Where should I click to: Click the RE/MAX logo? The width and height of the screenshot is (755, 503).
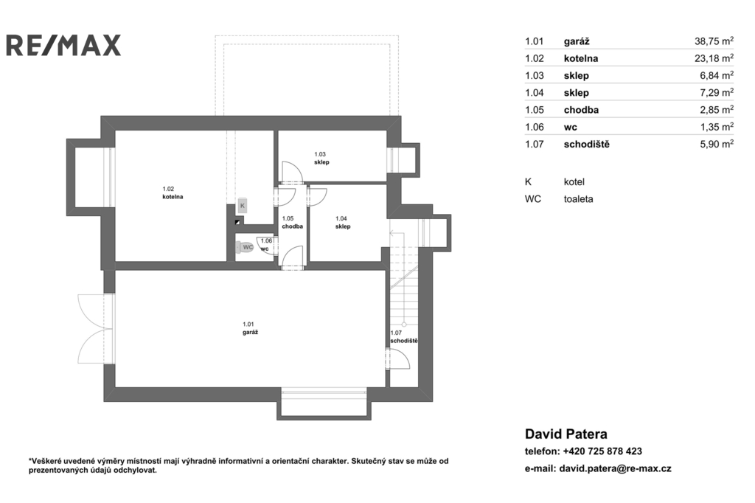63,45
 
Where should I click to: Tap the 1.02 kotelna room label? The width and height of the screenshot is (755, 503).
173,192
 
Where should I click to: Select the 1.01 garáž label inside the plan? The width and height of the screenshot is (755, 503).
250,328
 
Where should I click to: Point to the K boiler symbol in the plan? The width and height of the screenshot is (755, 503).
242,206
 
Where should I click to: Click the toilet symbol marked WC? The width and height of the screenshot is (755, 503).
245,248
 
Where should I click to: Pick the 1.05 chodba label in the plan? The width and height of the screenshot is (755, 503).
292,222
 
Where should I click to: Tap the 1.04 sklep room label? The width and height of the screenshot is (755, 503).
342,222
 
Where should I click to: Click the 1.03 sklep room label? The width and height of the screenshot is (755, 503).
321,158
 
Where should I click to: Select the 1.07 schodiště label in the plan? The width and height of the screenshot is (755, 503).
403,337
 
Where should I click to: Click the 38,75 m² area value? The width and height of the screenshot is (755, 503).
714,41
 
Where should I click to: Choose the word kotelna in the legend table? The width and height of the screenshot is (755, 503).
581,58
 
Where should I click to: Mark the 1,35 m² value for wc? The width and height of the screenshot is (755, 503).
717,127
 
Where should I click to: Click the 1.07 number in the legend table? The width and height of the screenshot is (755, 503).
534,144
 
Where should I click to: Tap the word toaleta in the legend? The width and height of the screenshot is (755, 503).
578,199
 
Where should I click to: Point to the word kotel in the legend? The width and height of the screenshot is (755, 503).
574,181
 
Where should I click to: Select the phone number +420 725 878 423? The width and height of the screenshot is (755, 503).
602,451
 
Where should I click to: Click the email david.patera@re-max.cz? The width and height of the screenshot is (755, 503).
616,468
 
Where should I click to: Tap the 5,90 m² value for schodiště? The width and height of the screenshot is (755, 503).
717,144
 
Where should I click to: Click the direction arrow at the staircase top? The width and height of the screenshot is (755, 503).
398,233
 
